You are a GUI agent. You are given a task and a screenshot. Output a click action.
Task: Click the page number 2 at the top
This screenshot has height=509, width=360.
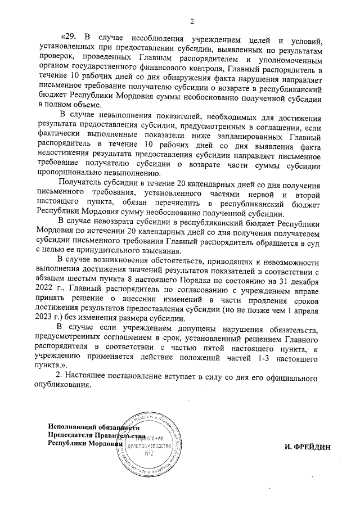[x=192, y=22]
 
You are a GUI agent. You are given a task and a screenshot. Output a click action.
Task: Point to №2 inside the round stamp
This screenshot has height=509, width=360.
[x=149, y=453]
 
